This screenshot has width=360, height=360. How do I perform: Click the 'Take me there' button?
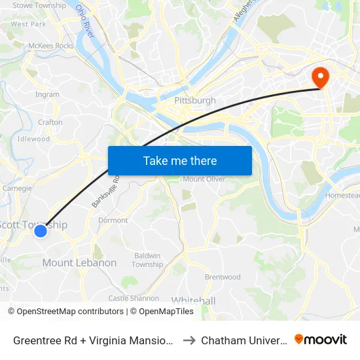180,160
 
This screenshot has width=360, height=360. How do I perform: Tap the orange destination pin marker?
321,78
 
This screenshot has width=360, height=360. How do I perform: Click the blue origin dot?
41,230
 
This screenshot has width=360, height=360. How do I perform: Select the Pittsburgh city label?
195,101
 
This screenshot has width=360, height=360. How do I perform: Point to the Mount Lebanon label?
79,262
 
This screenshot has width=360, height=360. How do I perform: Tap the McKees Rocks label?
51,46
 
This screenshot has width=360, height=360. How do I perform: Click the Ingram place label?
48,94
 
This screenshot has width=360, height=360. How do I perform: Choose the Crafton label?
50,122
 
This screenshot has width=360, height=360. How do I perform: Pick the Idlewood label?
34,139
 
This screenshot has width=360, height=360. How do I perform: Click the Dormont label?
113,221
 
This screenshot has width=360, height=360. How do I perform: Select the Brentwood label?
223,277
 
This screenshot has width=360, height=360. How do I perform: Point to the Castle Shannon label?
134,298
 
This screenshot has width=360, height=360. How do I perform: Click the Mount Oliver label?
204,179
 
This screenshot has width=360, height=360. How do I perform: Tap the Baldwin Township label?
147,260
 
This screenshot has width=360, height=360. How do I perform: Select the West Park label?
29,24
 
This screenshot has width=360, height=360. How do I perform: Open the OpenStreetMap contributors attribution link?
70,312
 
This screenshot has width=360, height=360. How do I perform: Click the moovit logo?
321,340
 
